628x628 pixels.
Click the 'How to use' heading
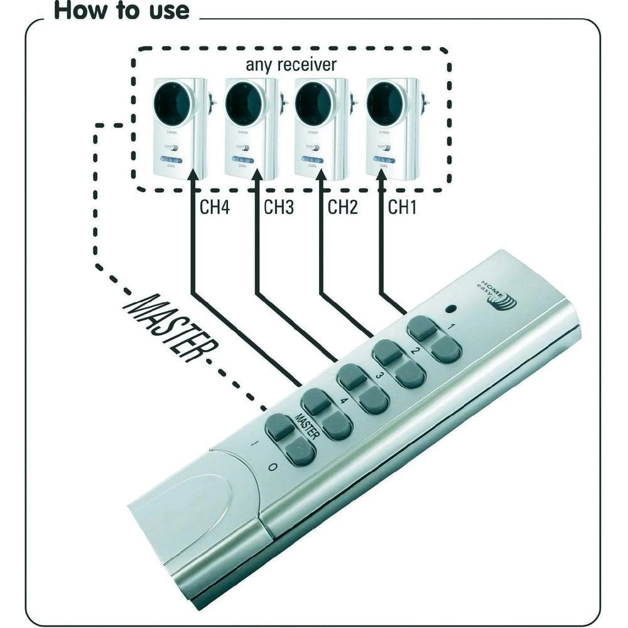(x=121, y=11)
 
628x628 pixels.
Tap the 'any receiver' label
(x=291, y=64)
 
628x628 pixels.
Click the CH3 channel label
(x=279, y=207)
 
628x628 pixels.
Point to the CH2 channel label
(x=342, y=207)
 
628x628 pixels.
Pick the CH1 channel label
(x=403, y=207)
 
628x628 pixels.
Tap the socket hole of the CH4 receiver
(x=171, y=102)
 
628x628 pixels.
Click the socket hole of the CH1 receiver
(x=384, y=102)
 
